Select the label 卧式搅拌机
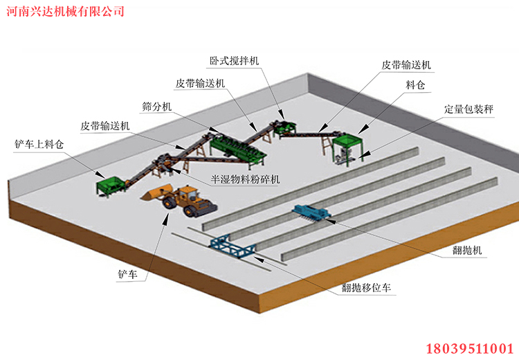tap(235, 61)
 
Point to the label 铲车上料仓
tap(37, 145)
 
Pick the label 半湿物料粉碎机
tap(246, 179)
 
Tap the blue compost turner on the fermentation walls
tap(311, 212)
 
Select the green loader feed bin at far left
tap(111, 185)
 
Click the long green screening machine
tap(239, 146)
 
